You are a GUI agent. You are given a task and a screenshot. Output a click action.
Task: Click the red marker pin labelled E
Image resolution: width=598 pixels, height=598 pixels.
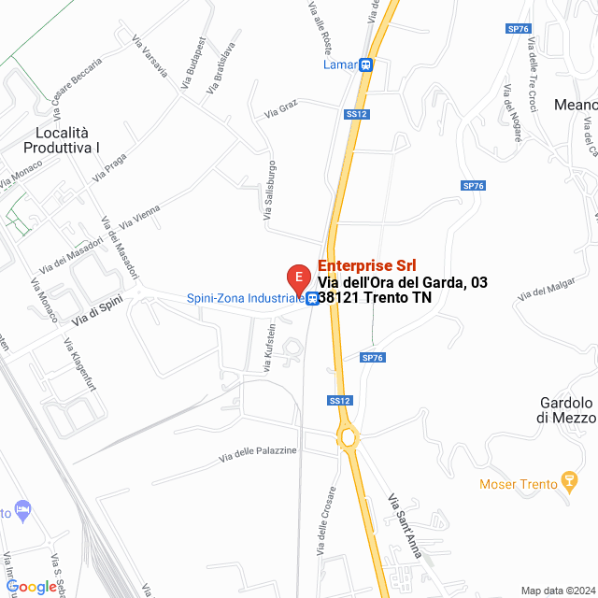pyautogui.click(x=298, y=278)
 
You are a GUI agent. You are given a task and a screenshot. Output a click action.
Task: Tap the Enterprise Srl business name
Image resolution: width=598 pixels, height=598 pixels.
pyautogui.click(x=367, y=266)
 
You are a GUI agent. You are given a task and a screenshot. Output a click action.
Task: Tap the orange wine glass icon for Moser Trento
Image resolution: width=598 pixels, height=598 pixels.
pyautogui.click(x=567, y=483)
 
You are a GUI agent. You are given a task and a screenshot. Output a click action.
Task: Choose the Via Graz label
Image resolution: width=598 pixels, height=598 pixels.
pyautogui.click(x=280, y=111)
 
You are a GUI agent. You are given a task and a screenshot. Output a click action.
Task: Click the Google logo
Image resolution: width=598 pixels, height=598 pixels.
pyautogui.click(x=32, y=586)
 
